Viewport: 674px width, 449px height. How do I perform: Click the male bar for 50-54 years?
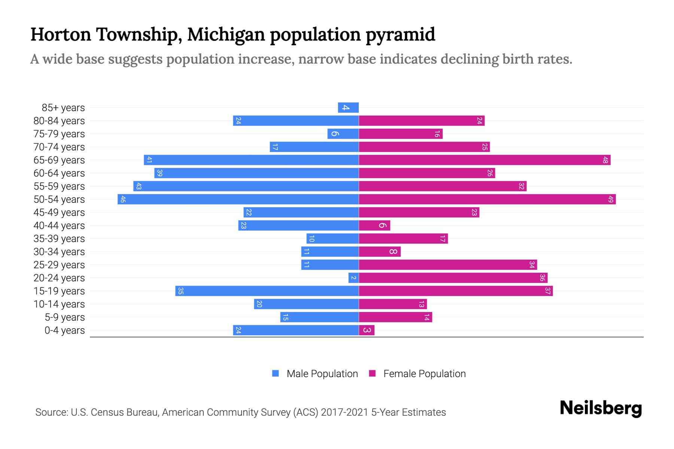[x=238, y=199]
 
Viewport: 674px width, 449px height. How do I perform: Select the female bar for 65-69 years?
[x=485, y=160]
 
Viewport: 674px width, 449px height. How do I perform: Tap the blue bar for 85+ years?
[x=348, y=107]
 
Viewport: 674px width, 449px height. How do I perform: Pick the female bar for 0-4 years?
[x=367, y=330]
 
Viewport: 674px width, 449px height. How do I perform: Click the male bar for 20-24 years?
[x=353, y=278]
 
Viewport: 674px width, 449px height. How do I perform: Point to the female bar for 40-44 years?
[x=374, y=225]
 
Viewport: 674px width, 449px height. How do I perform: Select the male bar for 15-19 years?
[x=267, y=291]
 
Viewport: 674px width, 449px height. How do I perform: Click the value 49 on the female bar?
[x=610, y=199]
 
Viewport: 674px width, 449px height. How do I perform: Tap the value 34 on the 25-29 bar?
[x=532, y=265]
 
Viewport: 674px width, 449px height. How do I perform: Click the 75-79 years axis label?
[x=59, y=134]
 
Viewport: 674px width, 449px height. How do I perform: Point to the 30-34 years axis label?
[x=59, y=252]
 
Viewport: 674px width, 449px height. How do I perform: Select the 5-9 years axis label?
[x=64, y=317]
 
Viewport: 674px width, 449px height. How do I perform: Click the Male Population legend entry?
[x=322, y=373]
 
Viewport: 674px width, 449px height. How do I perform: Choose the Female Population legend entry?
[x=424, y=373]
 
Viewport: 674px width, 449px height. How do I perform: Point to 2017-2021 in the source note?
[x=344, y=412]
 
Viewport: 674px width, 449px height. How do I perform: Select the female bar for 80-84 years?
[x=422, y=120]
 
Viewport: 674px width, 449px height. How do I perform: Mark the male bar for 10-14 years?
[x=306, y=304]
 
